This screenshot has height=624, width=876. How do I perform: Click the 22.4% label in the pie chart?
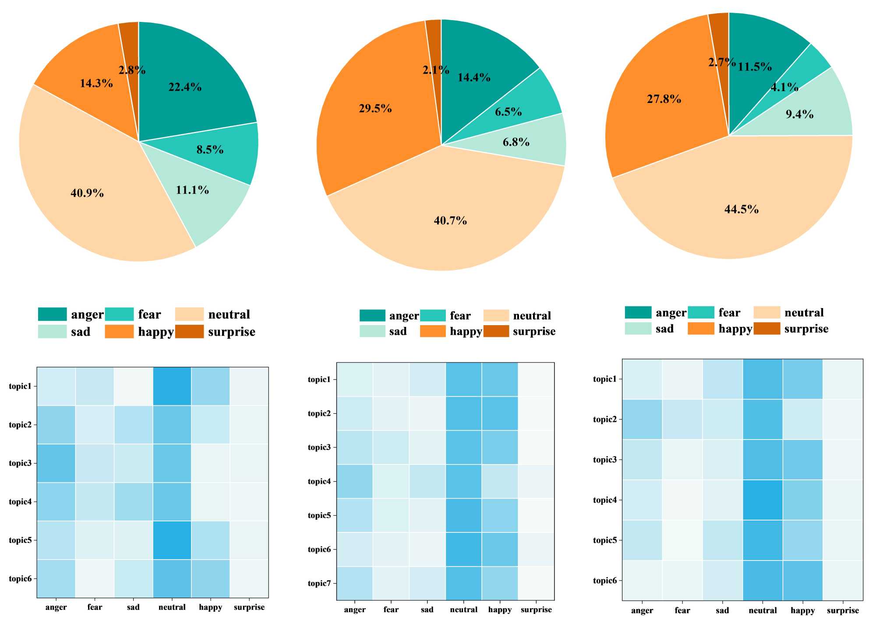pos(185,87)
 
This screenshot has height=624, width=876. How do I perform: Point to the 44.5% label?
pos(741,209)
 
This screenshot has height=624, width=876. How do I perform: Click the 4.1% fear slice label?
pos(784,87)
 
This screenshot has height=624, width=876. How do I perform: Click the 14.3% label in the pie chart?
pos(96,83)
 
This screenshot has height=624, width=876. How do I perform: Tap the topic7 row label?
pos(319,583)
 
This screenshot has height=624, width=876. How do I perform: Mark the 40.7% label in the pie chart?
pos(450,220)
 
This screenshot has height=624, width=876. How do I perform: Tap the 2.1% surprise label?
pos(435,70)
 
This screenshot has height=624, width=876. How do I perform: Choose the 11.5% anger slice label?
pos(754,67)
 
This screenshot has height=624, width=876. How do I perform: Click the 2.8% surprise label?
pos(132,70)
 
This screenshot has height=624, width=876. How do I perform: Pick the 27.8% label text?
pos(664,99)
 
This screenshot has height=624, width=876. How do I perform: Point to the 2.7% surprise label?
pos(721,62)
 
